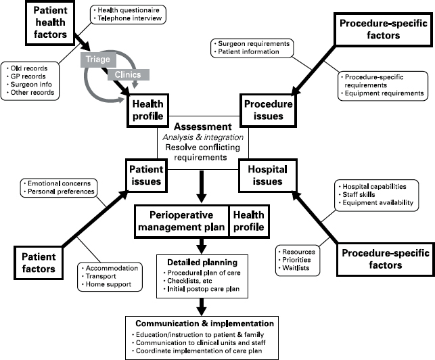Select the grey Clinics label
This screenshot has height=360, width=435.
129,73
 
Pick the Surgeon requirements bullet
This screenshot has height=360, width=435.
252,43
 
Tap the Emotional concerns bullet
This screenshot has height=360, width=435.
59,183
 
